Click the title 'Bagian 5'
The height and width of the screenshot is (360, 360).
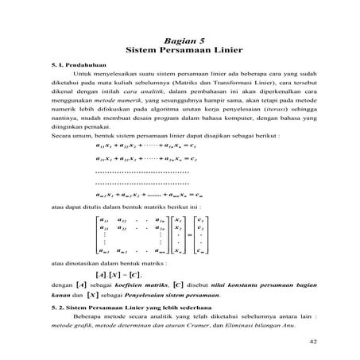[180, 39]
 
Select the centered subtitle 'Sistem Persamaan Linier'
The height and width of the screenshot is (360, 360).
[180, 49]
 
